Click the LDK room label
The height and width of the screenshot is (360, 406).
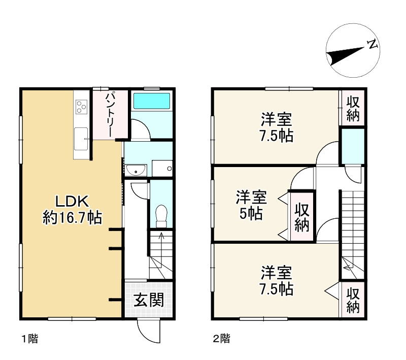72,200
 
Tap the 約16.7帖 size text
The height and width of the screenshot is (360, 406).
72,218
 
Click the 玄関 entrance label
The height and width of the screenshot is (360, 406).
149,300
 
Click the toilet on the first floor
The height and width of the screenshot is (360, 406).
161,215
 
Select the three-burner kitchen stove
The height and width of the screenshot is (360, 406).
81,107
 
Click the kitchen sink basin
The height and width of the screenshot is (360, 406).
81,139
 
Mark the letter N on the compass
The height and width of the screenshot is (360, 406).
373,44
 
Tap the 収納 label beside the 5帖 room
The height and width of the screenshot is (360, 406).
302,217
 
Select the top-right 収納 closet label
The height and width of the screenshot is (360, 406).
353,108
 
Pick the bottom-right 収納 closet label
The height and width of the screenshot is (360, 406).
353,301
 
